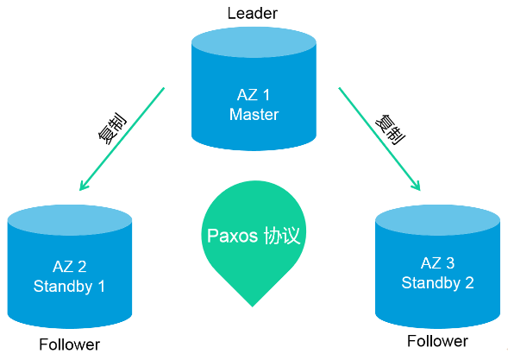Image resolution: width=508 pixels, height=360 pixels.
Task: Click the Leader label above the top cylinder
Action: [x=253, y=13]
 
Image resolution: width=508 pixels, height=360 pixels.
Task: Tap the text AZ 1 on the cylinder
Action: [x=254, y=95]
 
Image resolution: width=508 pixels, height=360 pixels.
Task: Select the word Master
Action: [x=254, y=115]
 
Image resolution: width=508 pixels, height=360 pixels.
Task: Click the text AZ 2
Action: [x=70, y=267]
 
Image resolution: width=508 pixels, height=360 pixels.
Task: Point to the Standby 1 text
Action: [x=69, y=287]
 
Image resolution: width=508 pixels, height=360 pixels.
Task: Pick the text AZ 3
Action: [x=437, y=263]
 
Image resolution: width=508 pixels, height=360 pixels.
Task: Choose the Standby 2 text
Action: [x=437, y=283]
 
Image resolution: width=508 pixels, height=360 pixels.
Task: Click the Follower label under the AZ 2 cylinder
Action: [x=69, y=344]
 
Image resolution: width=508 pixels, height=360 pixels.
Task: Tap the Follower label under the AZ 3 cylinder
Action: [x=437, y=341]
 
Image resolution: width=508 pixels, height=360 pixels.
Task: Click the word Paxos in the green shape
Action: [x=232, y=236]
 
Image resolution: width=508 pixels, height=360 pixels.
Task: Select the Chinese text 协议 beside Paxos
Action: [x=282, y=235]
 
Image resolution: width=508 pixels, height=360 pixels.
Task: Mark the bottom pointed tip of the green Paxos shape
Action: [x=253, y=306]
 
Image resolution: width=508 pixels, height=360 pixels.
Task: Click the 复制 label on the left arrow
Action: [x=112, y=128]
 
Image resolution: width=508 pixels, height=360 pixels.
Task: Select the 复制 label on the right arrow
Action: [x=390, y=129]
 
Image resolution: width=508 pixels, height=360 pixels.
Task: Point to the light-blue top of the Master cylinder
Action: [x=254, y=42]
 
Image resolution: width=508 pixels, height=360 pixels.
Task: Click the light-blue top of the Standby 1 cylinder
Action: [x=70, y=220]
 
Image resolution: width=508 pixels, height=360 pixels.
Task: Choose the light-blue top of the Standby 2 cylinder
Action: [x=437, y=220]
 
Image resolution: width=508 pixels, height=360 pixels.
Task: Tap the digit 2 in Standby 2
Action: [x=469, y=283]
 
